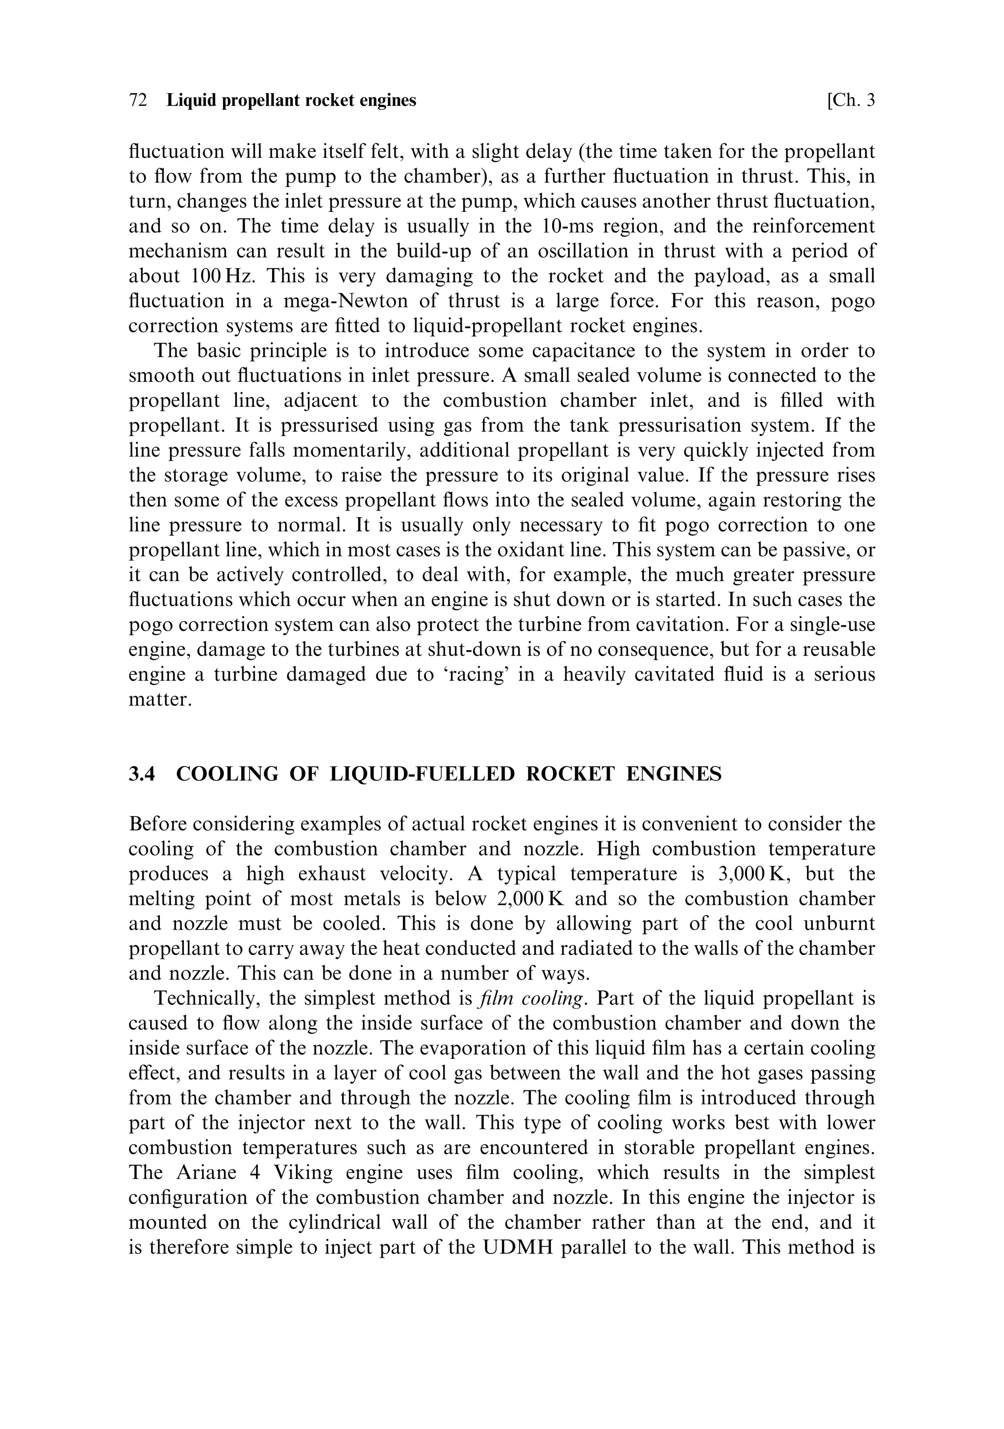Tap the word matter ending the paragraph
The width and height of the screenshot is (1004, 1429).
(159, 700)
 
